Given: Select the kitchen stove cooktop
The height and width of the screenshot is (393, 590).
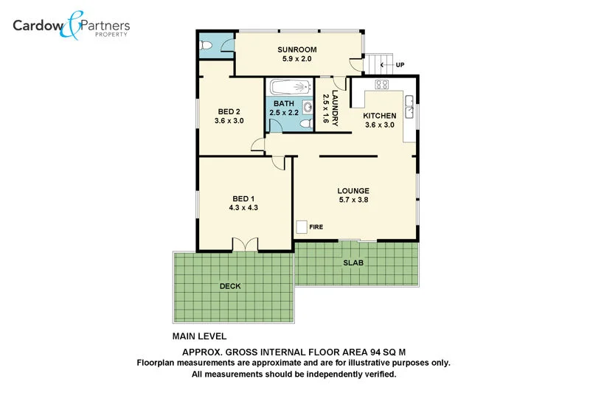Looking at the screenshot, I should [x=382, y=84].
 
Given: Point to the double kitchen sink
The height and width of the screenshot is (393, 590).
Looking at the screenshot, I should [x=409, y=109].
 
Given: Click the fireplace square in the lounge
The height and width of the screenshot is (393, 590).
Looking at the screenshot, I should [x=302, y=227].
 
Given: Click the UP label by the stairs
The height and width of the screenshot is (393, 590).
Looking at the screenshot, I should [x=400, y=65].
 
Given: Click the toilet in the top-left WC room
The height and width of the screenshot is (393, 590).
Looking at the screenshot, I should [x=207, y=46].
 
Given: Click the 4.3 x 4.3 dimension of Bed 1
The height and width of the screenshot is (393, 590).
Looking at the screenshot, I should [x=243, y=208].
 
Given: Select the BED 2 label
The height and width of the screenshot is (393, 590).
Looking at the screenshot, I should [x=229, y=111].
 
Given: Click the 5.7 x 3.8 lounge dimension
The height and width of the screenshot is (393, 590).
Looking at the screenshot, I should [x=353, y=200].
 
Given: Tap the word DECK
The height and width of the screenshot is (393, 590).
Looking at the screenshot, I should [x=230, y=286].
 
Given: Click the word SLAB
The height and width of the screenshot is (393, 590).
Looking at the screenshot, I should [x=353, y=263].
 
